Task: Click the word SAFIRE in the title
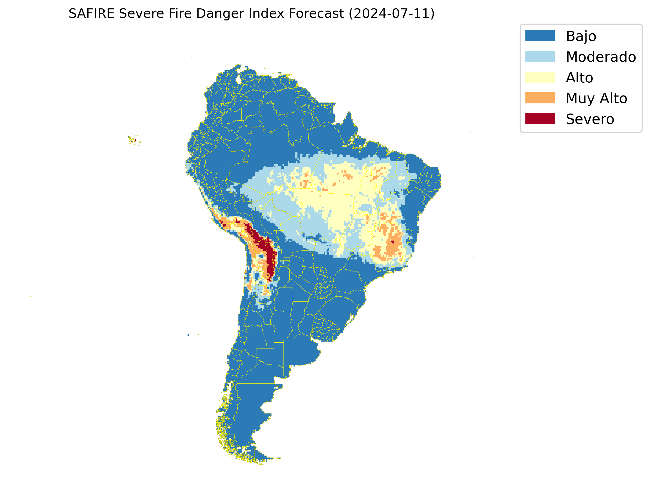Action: click(x=91, y=14)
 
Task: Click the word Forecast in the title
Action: click(x=316, y=14)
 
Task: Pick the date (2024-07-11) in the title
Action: click(x=391, y=14)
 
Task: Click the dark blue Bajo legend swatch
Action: click(x=540, y=36)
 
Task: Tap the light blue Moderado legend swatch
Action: click(x=540, y=56)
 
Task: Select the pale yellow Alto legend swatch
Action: click(x=540, y=77)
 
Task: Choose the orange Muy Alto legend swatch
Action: click(x=540, y=98)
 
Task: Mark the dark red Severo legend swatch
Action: click(x=540, y=119)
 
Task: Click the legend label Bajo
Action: click(x=581, y=36)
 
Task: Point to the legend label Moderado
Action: click(x=601, y=57)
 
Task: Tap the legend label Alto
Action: click(x=579, y=78)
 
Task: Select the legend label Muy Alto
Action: click(x=596, y=98)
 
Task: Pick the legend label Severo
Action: click(x=590, y=119)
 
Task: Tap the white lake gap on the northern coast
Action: click(x=238, y=80)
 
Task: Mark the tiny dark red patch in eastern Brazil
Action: click(x=392, y=242)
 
